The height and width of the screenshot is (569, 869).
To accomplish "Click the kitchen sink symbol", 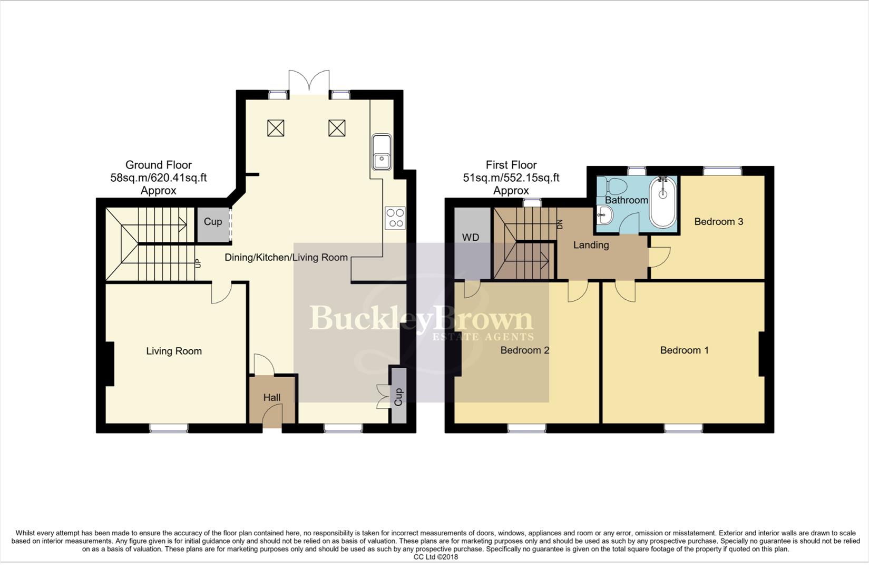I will click(x=381, y=152).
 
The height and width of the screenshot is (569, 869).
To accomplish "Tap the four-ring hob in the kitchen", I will click(x=395, y=218).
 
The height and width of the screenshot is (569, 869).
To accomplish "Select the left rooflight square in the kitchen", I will click(x=276, y=128).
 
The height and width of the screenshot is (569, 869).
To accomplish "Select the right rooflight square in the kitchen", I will click(x=337, y=128).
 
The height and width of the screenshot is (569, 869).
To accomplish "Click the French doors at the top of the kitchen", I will click(x=309, y=83).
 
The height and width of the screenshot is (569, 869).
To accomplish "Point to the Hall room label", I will click(x=272, y=398).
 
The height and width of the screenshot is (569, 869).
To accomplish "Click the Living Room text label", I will click(x=174, y=351).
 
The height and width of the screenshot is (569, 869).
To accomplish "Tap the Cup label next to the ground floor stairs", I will click(x=213, y=222).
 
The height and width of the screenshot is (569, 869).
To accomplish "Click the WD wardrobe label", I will click(x=471, y=238).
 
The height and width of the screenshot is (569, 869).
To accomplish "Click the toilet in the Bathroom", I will click(x=615, y=186).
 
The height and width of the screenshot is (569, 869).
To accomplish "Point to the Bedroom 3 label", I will click(x=718, y=222).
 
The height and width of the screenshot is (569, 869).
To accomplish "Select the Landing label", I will click(x=591, y=245).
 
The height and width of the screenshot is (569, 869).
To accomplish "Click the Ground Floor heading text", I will click(x=158, y=165).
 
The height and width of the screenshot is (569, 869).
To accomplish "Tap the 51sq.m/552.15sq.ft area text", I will click(x=511, y=178).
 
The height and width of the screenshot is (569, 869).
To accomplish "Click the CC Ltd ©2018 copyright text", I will click(x=435, y=557).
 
